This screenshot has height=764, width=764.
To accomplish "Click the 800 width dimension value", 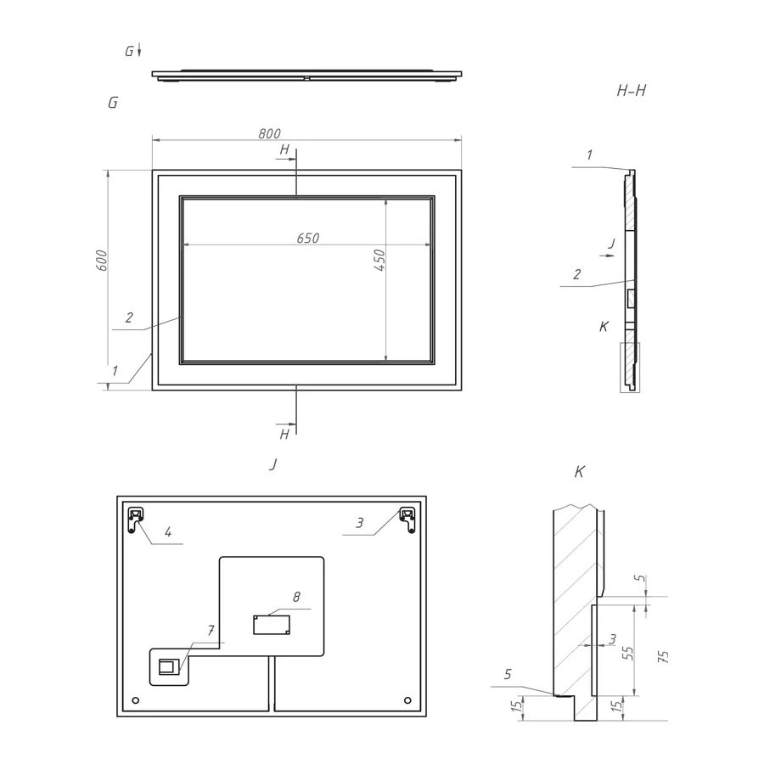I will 269,133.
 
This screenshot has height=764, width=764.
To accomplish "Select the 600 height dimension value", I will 100,261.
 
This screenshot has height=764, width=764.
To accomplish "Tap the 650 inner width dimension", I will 308,239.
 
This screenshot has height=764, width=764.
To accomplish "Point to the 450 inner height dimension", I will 381,259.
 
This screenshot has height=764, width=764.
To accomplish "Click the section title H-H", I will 632,89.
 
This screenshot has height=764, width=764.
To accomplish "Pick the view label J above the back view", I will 272,465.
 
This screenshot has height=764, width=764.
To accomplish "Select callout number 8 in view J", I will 296,598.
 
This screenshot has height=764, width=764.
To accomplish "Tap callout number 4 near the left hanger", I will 168,532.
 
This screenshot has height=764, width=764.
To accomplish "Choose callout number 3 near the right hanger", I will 360,524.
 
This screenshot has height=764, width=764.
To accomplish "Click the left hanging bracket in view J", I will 137,519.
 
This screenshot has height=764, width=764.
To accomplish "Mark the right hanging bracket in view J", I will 408,518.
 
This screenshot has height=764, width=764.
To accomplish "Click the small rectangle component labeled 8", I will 272,625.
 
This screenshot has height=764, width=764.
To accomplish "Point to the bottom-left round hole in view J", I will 136,700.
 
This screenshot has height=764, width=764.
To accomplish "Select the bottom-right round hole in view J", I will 408,700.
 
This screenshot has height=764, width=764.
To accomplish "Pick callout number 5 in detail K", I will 508,674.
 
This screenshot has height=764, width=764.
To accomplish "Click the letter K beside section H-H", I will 604,326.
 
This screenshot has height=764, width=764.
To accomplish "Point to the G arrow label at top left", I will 129,52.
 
